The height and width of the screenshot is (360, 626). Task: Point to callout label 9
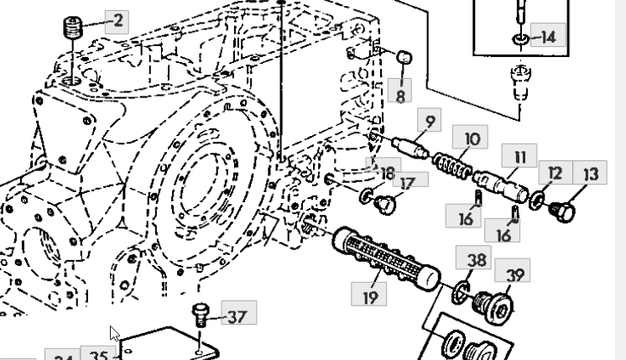coord(430,122)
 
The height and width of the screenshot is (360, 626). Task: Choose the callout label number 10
coord(472,138)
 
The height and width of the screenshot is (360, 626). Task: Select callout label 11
coord(519,156)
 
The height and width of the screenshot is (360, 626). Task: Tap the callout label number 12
coord(555,174)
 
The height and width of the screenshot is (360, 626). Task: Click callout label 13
coord(591,174)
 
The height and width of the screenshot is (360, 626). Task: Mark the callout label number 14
coord(547,36)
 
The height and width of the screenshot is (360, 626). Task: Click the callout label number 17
coord(408,182)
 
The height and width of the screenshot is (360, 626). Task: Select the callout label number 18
coord(387,173)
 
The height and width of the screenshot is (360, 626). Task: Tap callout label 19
coord(370,295)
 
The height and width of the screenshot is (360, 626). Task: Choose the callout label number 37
coord(237,316)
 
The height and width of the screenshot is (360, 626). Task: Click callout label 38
coord(476,260)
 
